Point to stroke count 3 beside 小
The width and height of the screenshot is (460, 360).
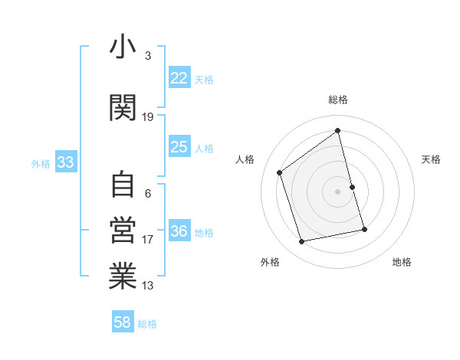tap(148, 56)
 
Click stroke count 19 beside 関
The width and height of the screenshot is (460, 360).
tap(148, 117)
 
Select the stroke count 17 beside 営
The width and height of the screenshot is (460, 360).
tap(148, 240)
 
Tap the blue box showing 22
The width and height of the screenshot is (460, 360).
tap(179, 78)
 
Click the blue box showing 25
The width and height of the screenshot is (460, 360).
tap(179, 147)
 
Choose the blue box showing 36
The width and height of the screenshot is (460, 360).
tap(179, 231)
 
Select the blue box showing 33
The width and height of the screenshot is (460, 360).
tap(65, 162)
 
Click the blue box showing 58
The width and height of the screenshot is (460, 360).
tap(123, 322)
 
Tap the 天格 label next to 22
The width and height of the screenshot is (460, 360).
tap(204, 80)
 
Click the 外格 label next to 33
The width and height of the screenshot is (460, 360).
tap(41, 164)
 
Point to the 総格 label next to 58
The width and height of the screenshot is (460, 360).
tap(147, 324)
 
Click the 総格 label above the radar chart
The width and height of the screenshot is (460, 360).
tap(337, 100)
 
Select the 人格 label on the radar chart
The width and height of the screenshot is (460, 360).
tap(245, 159)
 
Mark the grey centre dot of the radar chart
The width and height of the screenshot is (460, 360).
tap(337, 191)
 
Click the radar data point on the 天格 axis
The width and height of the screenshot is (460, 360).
tap(353, 186)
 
